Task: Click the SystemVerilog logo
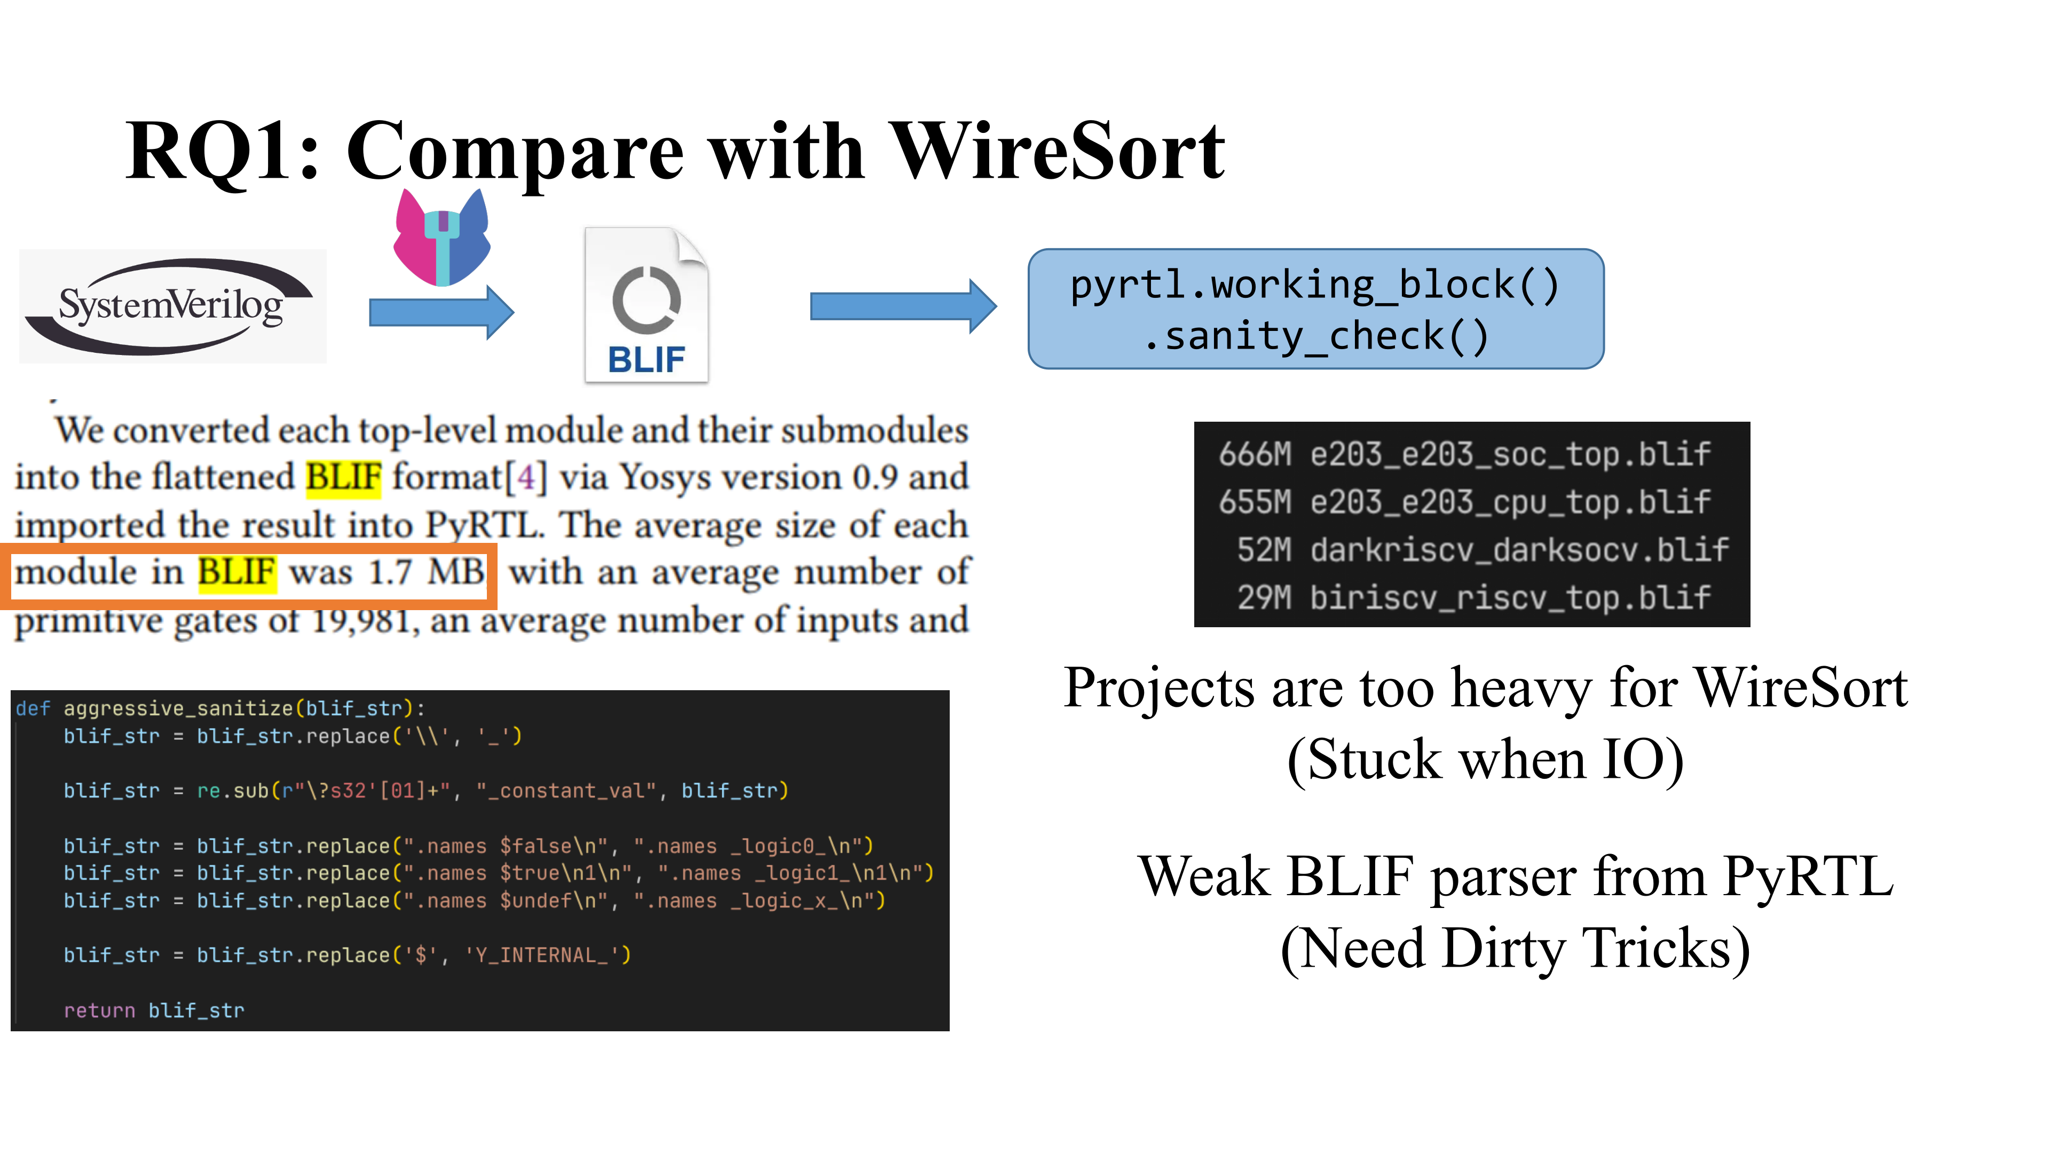pos(172,306)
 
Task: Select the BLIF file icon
pos(646,305)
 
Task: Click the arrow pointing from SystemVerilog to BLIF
pos(441,312)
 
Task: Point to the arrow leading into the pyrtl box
pos(903,306)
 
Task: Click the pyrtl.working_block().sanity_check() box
pos(1315,309)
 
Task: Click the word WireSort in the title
pos(1057,151)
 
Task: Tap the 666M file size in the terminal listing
pos(1255,454)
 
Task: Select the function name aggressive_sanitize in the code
pos(178,708)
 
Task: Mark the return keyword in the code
pos(99,1010)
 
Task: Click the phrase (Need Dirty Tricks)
pos(1515,949)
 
